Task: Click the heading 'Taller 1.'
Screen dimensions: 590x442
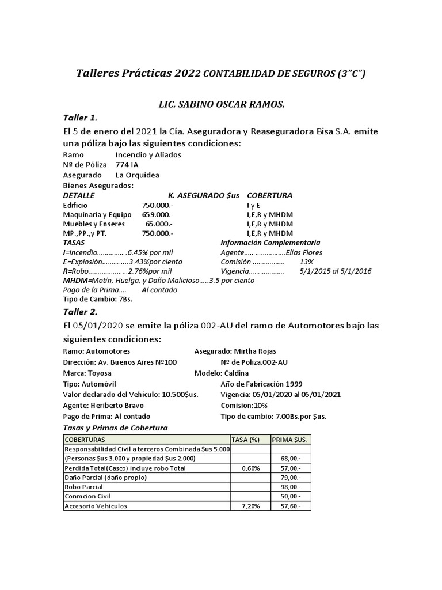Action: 81,118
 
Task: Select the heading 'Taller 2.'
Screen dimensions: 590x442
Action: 81,312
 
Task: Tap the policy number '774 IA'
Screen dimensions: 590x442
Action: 127,165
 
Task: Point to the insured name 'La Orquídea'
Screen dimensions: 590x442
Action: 138,175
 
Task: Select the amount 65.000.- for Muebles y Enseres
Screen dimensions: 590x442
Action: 159,224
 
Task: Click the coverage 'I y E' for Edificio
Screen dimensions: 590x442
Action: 254,205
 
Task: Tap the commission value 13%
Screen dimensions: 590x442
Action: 307,262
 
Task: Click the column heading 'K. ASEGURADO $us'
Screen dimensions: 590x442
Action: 204,195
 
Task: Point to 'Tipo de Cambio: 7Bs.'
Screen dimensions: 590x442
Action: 98,299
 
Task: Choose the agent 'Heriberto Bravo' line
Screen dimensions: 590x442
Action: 103,405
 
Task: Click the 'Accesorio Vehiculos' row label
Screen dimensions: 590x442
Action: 96,506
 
